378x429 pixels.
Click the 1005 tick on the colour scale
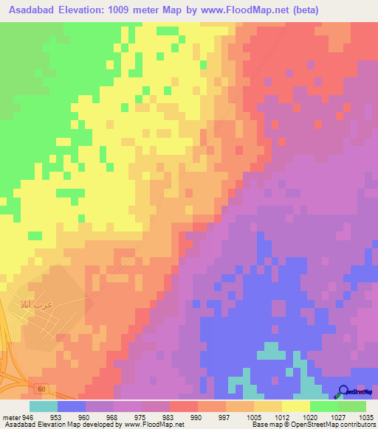[x=254, y=416]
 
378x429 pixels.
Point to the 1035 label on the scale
[x=366, y=416]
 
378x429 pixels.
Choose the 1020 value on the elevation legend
[x=310, y=416]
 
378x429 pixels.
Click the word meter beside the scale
[x=11, y=416]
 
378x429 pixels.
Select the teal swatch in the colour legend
[x=44, y=406]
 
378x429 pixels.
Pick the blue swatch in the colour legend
[x=72, y=406]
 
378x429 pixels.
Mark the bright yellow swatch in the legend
[x=296, y=406]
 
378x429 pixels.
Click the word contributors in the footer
[x=357, y=425]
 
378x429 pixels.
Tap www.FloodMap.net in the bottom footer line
[x=154, y=425]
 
